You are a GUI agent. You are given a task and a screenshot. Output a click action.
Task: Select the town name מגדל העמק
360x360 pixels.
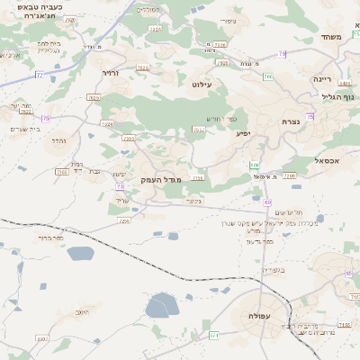click(161, 180)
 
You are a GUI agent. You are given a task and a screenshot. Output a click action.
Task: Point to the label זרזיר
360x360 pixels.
click(110, 73)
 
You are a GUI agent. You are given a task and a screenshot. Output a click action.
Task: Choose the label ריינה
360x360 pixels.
click(322, 79)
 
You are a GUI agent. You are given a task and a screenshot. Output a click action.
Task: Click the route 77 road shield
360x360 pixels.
click(39, 75)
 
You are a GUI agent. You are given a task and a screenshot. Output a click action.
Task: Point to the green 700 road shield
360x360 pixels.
click(267, 76)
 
